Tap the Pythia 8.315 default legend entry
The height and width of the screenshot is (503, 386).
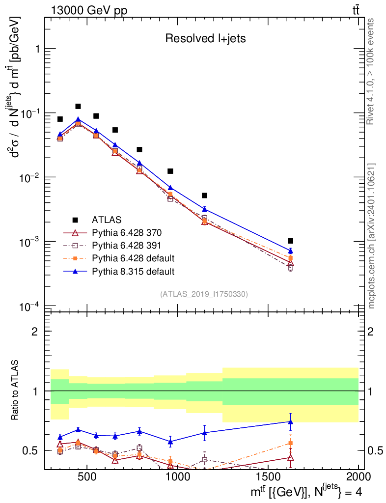[133, 271]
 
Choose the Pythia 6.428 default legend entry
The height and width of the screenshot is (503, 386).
[133, 258]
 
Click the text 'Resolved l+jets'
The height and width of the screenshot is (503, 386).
[205, 39]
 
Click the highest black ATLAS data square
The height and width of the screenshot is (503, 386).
[78, 106]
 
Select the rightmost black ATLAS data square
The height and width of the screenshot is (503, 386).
[290, 241]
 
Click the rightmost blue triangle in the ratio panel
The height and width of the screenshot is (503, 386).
[290, 421]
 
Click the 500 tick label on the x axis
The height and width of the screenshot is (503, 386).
[87, 477]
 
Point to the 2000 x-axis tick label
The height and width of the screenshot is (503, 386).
[359, 477]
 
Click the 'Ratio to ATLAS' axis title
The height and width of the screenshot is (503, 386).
[16, 391]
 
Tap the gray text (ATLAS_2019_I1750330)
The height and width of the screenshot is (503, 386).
[204, 294]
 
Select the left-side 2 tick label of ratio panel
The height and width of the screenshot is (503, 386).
[34, 332]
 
